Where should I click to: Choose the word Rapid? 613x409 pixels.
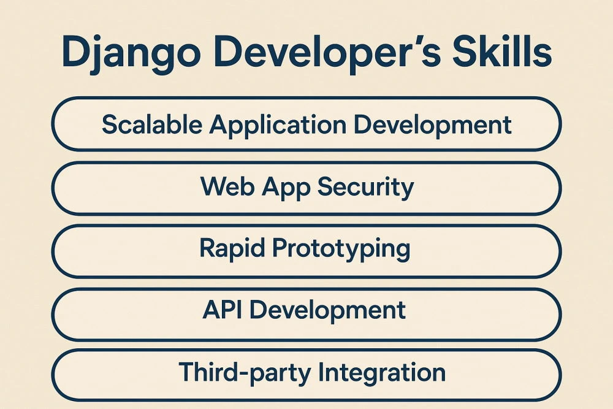click(232, 249)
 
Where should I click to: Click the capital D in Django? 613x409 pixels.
click(76, 54)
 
